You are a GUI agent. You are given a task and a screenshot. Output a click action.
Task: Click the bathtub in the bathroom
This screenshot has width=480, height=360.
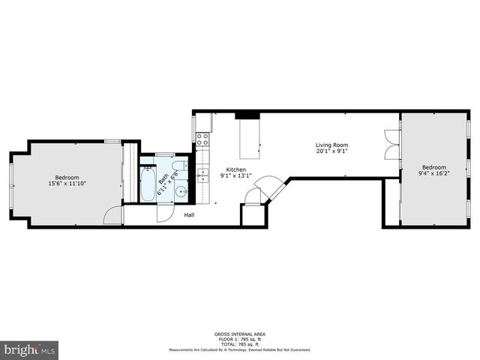[x=148, y=183]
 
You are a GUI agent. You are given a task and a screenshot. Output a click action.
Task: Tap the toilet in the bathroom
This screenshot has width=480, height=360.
[x=180, y=166]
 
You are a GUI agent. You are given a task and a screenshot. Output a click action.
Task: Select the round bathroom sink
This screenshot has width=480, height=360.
[x=181, y=192]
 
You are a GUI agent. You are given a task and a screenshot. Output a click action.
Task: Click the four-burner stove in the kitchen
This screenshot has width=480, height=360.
[x=202, y=138]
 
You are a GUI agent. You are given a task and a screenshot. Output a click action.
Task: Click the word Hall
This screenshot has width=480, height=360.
[x=190, y=215]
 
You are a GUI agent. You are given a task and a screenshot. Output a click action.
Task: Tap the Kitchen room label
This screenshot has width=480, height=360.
[x=226, y=170]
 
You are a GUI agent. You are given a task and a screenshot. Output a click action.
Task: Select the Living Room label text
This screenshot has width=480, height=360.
[x=331, y=145]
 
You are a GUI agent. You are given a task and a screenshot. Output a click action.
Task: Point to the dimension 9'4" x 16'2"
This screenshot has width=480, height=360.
[x=433, y=173]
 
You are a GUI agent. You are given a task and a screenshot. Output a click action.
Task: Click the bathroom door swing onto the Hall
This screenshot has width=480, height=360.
[x=164, y=212]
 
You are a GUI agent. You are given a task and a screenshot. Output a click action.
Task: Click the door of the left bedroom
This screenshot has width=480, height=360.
[x=112, y=214]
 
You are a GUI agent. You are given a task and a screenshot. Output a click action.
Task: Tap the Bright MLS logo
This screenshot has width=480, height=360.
[x=30, y=349]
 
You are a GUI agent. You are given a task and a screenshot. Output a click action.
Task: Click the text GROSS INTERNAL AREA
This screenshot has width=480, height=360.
[x=240, y=334]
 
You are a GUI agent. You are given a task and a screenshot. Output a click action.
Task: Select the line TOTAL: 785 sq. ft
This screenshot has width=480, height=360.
[x=240, y=343]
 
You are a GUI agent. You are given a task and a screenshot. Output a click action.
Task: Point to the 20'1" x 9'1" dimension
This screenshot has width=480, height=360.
[x=331, y=151]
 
